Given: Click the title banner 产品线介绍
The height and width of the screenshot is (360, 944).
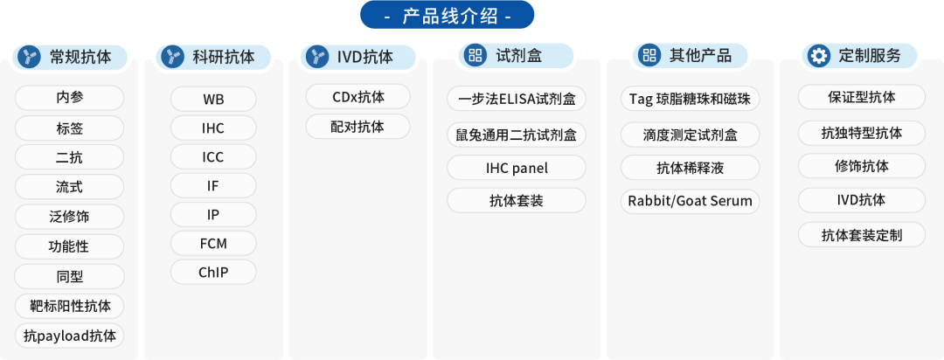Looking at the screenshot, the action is pos(447,15).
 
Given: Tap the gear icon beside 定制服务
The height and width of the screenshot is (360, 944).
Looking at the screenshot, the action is pos(818,56).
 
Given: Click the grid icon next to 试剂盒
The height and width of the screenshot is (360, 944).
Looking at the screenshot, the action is pos(475,56).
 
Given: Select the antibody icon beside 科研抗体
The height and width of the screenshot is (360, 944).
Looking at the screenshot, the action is pos(173,57).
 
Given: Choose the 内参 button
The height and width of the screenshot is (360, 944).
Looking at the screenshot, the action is pos(69,98).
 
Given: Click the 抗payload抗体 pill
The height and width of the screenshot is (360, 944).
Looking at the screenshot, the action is pos(69,336).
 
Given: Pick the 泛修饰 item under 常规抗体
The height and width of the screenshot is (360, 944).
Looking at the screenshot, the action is pos(69,217).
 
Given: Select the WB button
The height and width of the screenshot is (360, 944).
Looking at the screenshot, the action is pos(213,100).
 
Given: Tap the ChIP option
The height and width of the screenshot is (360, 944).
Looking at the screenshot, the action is pos(213,272).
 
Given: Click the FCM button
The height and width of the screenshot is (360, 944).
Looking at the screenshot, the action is pos(213,244).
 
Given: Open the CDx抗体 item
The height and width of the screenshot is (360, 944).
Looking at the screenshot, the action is pos(358,96).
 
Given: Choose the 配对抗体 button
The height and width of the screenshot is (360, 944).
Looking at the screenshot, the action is pos(358,127).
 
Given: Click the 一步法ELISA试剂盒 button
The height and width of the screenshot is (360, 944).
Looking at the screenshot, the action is pos(517,99).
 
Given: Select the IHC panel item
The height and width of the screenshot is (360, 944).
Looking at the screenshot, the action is pos(517,168).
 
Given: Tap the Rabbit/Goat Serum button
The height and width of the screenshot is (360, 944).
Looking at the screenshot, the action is pos(690,200).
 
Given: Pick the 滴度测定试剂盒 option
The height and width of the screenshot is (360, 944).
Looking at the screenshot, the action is pos(690,135).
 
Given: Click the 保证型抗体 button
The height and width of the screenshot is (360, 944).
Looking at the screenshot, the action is pos(862,97).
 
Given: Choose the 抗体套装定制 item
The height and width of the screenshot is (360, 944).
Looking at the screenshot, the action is pos(862,235).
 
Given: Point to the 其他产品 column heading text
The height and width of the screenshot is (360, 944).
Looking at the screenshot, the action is pos(701,57).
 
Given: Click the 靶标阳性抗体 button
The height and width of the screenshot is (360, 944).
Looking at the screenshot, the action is pos(69,306).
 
